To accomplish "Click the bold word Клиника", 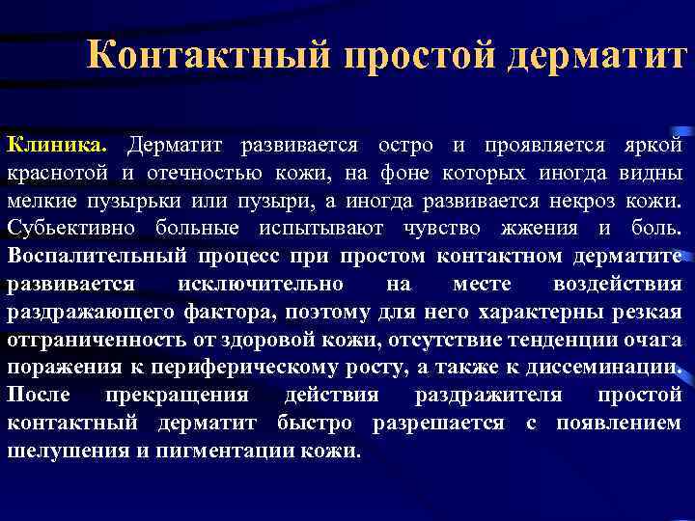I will (x=59, y=145).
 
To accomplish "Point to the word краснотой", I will (x=59, y=174).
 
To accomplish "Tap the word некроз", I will (x=590, y=202).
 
